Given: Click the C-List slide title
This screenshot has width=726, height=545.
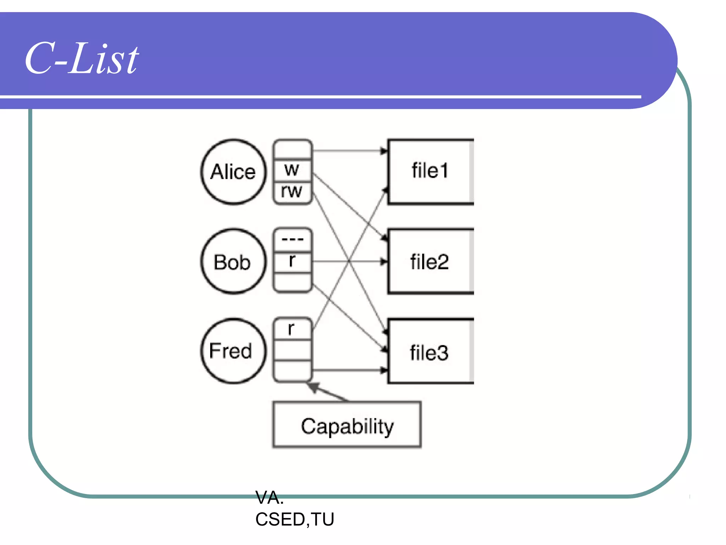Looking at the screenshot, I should tap(82, 59).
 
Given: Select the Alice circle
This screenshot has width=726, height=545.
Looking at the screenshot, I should tap(233, 172).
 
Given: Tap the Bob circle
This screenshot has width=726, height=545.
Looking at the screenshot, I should tap(233, 262).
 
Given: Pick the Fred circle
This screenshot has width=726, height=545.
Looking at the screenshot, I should tap(233, 351).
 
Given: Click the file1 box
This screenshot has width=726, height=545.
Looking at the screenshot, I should tap(430, 171).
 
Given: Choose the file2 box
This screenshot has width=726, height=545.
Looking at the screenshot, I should tap(430, 262).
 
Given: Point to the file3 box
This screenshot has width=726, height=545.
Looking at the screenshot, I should tap(430, 352).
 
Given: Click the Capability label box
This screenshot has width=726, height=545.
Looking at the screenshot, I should tap(347, 425).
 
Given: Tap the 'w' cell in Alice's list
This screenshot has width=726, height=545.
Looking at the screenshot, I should tap(292, 170).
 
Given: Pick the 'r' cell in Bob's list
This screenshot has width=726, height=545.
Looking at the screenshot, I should tap(292, 261).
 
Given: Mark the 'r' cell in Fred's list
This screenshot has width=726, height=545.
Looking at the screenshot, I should tap(292, 329).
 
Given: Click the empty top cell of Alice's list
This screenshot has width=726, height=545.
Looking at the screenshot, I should tap(292, 149).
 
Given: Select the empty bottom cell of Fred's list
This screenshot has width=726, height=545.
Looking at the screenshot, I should tap(292, 371).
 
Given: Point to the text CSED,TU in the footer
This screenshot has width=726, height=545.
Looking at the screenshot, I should tap(295, 519).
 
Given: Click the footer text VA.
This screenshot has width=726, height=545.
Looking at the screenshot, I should tap(269, 497).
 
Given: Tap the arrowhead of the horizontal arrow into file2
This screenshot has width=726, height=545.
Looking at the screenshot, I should tap(384, 262).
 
